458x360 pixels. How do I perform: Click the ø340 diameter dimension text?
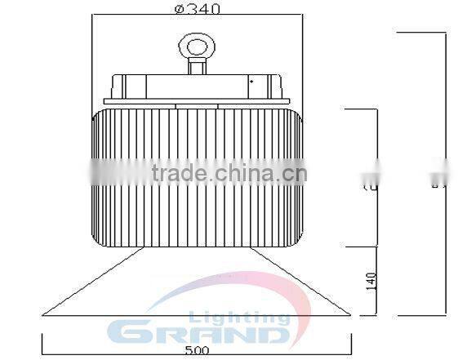(197, 9)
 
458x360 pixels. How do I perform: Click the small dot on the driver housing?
(252, 82)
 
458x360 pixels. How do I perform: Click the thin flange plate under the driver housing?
(197, 100)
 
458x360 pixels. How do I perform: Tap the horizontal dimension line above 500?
(197, 342)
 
